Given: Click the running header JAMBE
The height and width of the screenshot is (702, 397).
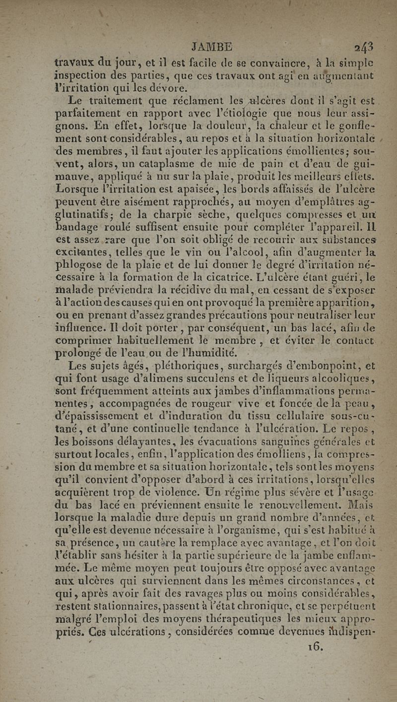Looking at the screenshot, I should [211, 47].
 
